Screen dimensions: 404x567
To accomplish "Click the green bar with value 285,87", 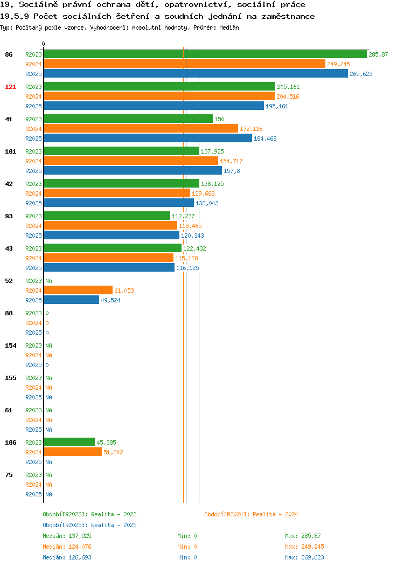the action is [x=205, y=54].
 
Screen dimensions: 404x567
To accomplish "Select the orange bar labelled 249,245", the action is [x=185, y=64].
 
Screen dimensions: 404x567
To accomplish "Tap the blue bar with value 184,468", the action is [x=148, y=139].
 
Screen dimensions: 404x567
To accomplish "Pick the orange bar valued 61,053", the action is [x=78, y=291].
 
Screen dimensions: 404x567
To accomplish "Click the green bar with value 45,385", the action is [x=69, y=442].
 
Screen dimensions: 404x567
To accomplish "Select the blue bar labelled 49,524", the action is [x=72, y=300].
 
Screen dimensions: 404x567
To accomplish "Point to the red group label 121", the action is [x=10, y=87].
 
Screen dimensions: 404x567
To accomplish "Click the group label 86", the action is [x=9, y=54].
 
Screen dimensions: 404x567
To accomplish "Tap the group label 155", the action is [x=10, y=378].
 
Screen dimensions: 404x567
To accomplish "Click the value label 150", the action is [x=219, y=119].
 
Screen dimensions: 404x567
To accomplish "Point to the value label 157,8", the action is [x=232, y=171].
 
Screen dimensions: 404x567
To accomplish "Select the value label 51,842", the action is [x=113, y=452].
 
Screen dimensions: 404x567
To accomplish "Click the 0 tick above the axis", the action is [x=44, y=44].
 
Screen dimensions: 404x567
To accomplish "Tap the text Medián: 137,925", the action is [x=67, y=536].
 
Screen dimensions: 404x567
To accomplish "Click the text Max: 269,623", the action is [x=304, y=558].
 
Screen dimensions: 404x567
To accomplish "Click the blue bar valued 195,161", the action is [x=154, y=106].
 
